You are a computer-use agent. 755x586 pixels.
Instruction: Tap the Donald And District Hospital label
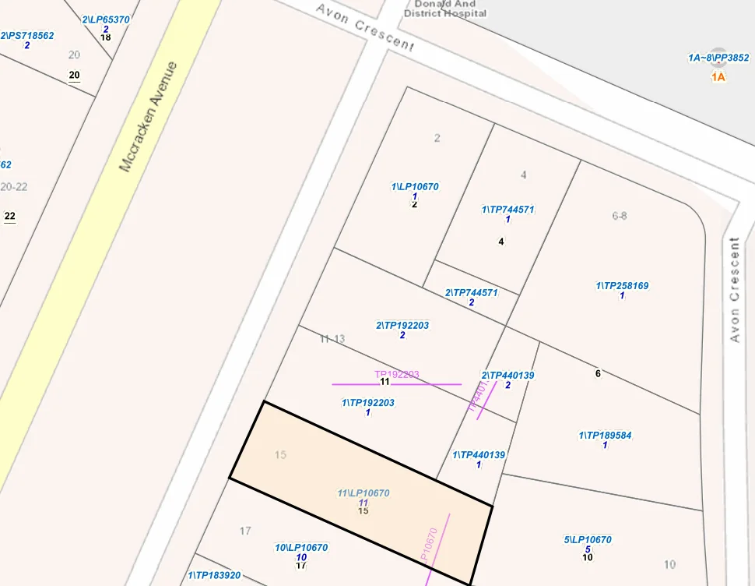click(444, 9)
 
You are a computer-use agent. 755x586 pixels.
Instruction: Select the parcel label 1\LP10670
click(415, 187)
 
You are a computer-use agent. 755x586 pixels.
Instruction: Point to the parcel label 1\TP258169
click(622, 286)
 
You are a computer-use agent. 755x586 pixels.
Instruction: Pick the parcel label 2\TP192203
click(402, 326)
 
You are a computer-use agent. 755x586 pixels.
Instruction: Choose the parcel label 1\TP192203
click(368, 403)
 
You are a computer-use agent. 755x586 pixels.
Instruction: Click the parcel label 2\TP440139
click(507, 376)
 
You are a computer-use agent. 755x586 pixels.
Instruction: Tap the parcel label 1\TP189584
click(605, 436)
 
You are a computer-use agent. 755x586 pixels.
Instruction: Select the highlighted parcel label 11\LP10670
click(363, 493)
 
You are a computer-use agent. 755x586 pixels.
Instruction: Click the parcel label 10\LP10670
click(301, 548)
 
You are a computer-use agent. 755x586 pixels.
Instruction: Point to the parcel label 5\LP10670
click(588, 540)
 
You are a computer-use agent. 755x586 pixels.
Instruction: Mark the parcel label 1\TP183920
click(214, 576)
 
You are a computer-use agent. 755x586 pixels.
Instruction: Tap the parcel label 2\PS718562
click(28, 36)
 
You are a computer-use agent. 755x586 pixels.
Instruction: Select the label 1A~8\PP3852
click(718, 58)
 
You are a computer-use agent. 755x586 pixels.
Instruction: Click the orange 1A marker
click(718, 77)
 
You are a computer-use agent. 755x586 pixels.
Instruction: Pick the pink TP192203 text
click(397, 375)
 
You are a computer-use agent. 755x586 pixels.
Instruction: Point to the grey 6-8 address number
click(620, 216)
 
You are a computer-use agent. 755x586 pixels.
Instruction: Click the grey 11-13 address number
click(332, 339)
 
